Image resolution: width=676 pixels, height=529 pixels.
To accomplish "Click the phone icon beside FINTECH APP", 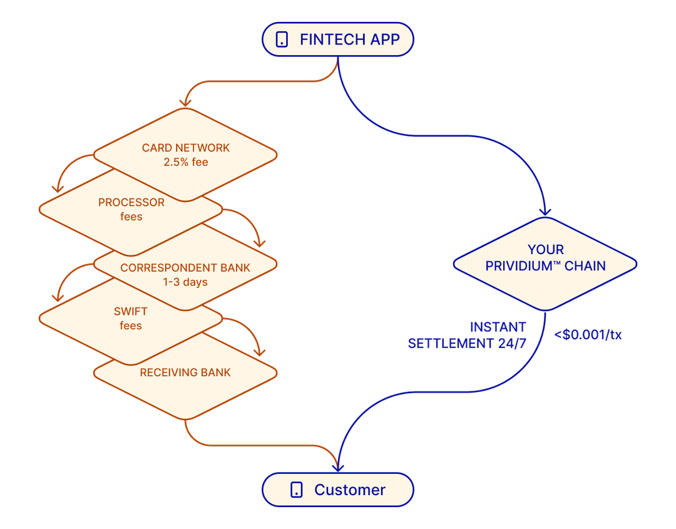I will [x=282, y=39].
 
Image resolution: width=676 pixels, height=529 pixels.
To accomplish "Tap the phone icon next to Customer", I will [x=297, y=490].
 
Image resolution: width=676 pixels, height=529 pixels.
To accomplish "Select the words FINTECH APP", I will [x=349, y=39].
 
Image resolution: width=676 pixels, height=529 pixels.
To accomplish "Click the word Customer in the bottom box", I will [x=350, y=490].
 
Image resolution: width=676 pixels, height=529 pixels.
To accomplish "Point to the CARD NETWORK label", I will [x=186, y=148].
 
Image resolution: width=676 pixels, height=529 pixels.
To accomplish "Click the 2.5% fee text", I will [x=185, y=162].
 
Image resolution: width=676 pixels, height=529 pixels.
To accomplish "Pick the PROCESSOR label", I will [x=131, y=202].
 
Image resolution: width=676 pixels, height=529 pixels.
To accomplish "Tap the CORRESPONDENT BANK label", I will [x=185, y=267].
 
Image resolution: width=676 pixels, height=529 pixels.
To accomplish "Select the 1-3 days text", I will [x=185, y=282].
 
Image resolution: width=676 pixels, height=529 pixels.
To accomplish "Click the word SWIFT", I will [x=131, y=311].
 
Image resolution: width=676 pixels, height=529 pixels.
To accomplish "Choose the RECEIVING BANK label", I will [x=185, y=372].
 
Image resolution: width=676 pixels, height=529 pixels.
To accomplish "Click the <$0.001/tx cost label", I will [x=588, y=334].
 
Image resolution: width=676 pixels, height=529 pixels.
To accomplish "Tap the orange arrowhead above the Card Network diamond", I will [x=186, y=101].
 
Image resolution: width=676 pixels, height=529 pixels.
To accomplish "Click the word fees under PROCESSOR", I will [x=131, y=217].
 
